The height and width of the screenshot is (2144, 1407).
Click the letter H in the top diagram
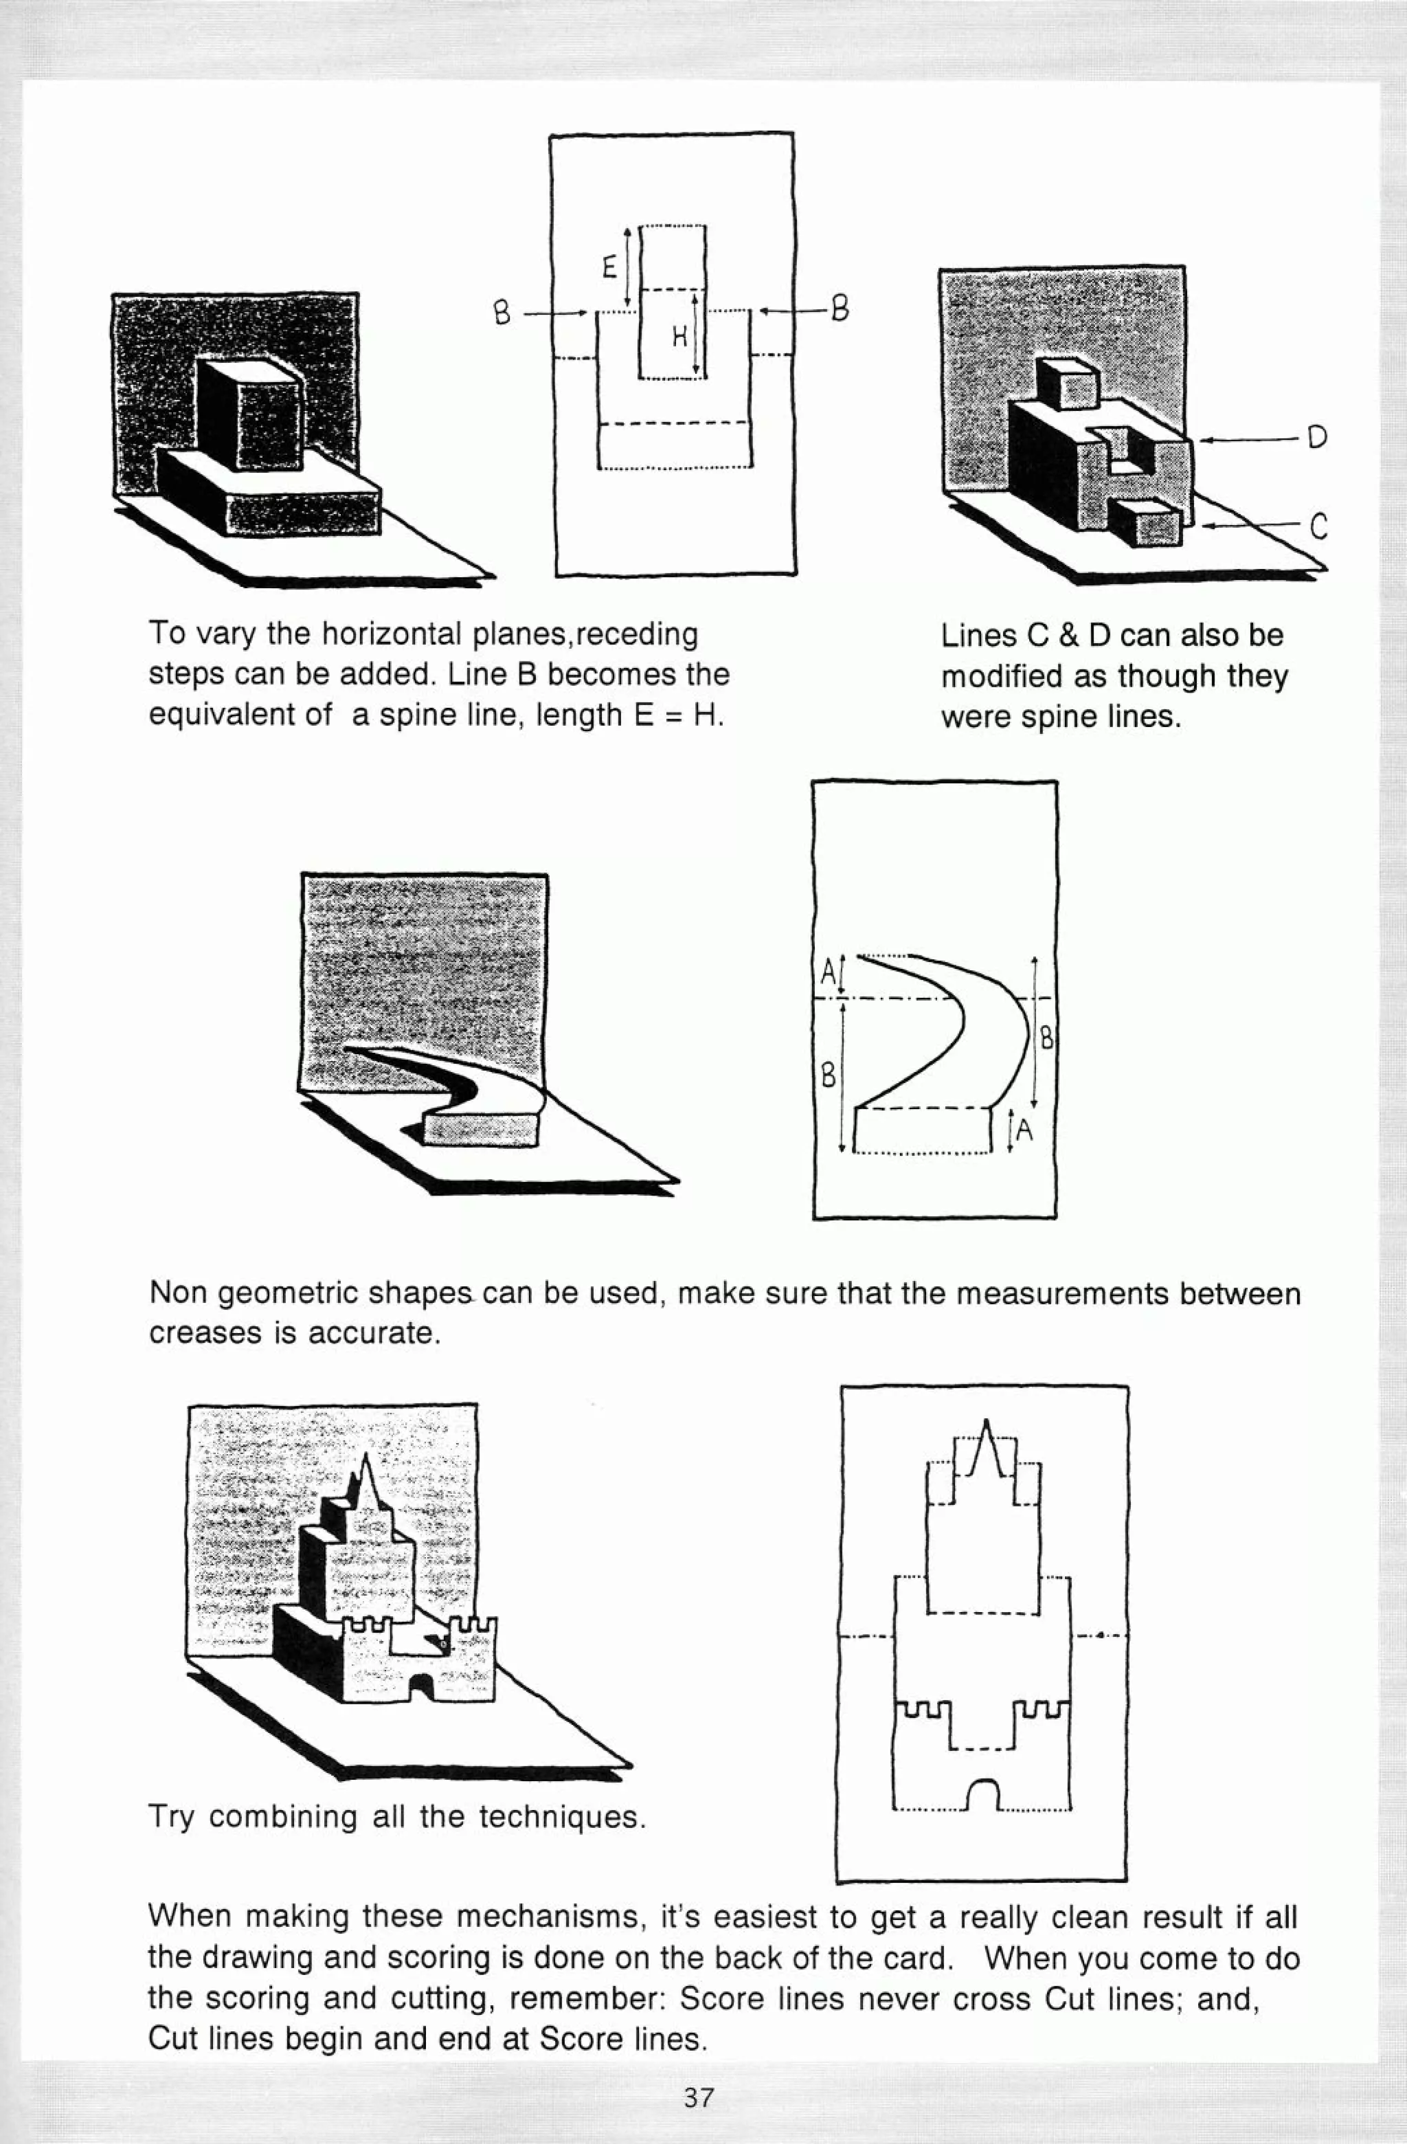[x=680, y=338]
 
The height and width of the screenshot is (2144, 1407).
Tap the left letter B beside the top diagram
[x=503, y=313]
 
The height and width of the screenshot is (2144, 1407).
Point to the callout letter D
[x=1317, y=438]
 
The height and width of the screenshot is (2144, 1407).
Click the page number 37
[x=698, y=2097]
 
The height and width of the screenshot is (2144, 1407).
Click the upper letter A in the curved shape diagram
[x=829, y=972]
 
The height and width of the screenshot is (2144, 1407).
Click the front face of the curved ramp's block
[x=482, y=1130]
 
